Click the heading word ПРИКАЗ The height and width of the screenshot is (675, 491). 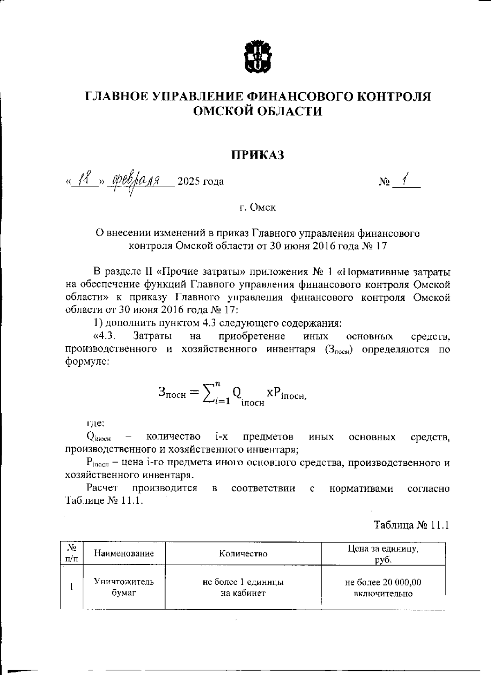tap(258, 155)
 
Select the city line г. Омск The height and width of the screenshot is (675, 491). tap(258, 207)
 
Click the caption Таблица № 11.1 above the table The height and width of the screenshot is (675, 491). tap(412, 525)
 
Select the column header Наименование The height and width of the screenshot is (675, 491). tap(124, 554)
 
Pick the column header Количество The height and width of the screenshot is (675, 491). tap(243, 554)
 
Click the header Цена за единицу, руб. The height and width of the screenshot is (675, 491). tap(383, 554)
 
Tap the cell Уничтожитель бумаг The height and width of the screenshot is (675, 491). tap(124, 587)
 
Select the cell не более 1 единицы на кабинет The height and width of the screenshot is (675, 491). tap(243, 587)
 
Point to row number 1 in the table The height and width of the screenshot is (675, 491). tap(71, 587)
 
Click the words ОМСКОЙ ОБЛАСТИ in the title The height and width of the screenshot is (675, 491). tap(258, 111)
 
